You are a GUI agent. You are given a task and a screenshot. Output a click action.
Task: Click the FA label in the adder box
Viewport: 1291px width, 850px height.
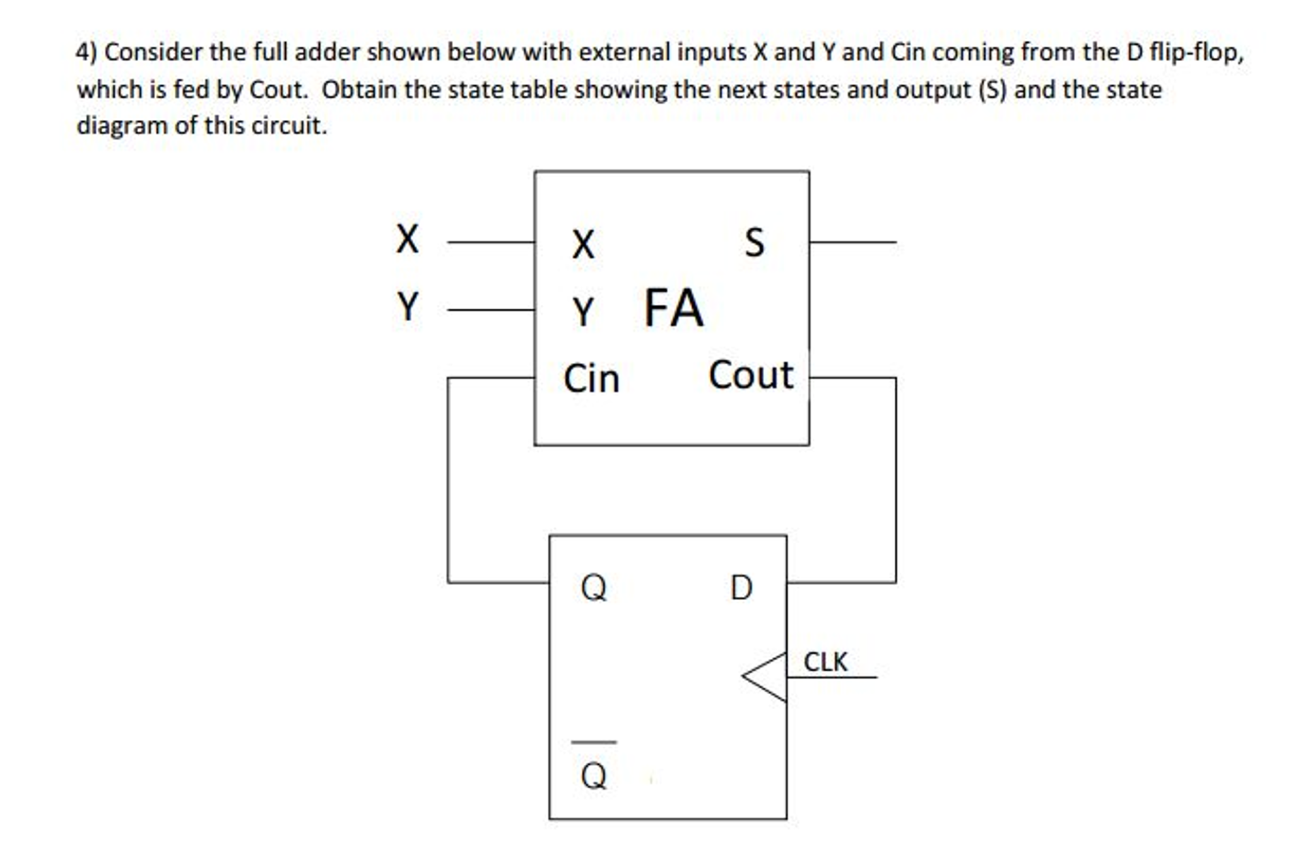(673, 308)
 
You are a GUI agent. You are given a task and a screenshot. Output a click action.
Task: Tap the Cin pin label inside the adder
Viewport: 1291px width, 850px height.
(591, 379)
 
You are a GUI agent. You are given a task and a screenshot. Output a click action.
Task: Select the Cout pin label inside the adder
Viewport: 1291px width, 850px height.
(750, 375)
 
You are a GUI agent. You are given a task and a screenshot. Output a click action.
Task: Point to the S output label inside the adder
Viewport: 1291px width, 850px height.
(754, 242)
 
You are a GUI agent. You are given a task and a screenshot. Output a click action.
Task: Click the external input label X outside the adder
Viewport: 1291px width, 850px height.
(407, 239)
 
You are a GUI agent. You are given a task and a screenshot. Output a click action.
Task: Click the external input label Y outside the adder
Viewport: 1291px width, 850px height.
(408, 307)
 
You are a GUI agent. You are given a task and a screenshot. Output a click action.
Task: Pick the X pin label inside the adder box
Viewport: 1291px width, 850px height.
(583, 244)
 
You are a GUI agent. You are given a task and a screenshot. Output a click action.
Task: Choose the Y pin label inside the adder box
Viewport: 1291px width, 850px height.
(583, 312)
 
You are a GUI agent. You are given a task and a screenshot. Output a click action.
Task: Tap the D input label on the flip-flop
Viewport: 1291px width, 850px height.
(741, 587)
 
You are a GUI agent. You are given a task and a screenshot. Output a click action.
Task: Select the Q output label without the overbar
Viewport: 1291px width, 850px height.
(593, 587)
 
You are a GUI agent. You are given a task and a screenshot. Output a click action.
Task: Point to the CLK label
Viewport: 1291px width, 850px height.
(825, 662)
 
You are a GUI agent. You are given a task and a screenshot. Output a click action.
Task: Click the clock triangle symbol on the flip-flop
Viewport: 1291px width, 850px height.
(765, 677)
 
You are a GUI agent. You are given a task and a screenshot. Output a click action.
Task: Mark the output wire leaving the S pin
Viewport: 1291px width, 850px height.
(852, 242)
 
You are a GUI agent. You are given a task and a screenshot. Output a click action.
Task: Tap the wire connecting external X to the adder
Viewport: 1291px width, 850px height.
(491, 242)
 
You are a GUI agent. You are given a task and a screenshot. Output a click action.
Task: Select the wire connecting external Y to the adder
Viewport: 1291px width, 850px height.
(491, 310)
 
